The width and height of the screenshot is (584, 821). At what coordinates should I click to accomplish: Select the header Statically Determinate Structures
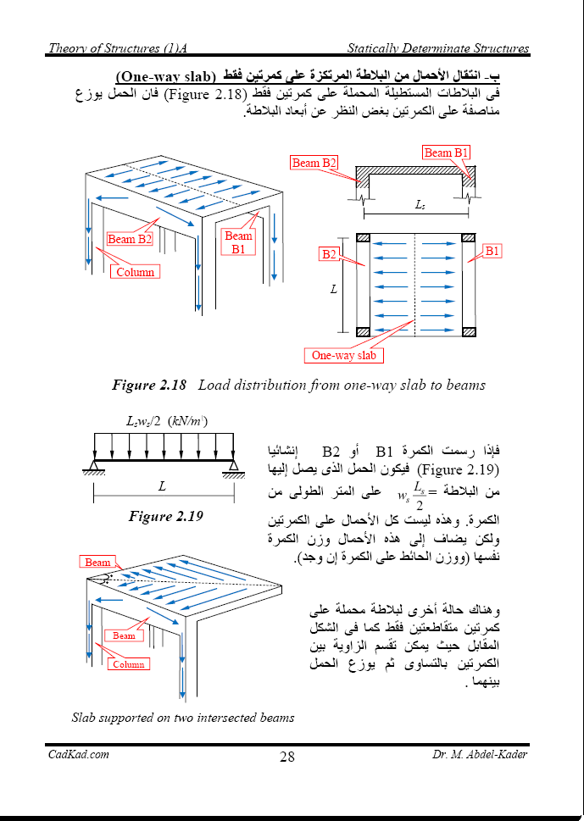437,48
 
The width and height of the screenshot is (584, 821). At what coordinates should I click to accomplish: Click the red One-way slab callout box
343,356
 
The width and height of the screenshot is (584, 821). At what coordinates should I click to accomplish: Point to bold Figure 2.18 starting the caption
149,386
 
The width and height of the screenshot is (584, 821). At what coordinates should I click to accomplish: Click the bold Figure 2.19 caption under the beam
165,516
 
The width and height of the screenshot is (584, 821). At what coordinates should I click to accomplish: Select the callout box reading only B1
492,251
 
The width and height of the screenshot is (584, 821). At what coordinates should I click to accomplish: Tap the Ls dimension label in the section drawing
420,205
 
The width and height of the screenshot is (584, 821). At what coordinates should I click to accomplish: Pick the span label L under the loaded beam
162,485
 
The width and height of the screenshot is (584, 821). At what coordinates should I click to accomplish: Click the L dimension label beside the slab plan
334,289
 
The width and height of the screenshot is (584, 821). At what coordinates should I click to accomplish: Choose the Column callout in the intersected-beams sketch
128,664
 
